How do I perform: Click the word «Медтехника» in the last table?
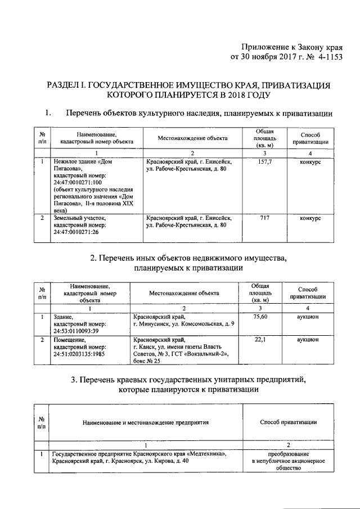click(x=206, y=453)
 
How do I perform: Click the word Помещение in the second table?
click(x=68, y=340)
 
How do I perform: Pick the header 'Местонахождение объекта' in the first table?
click(x=192, y=138)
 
